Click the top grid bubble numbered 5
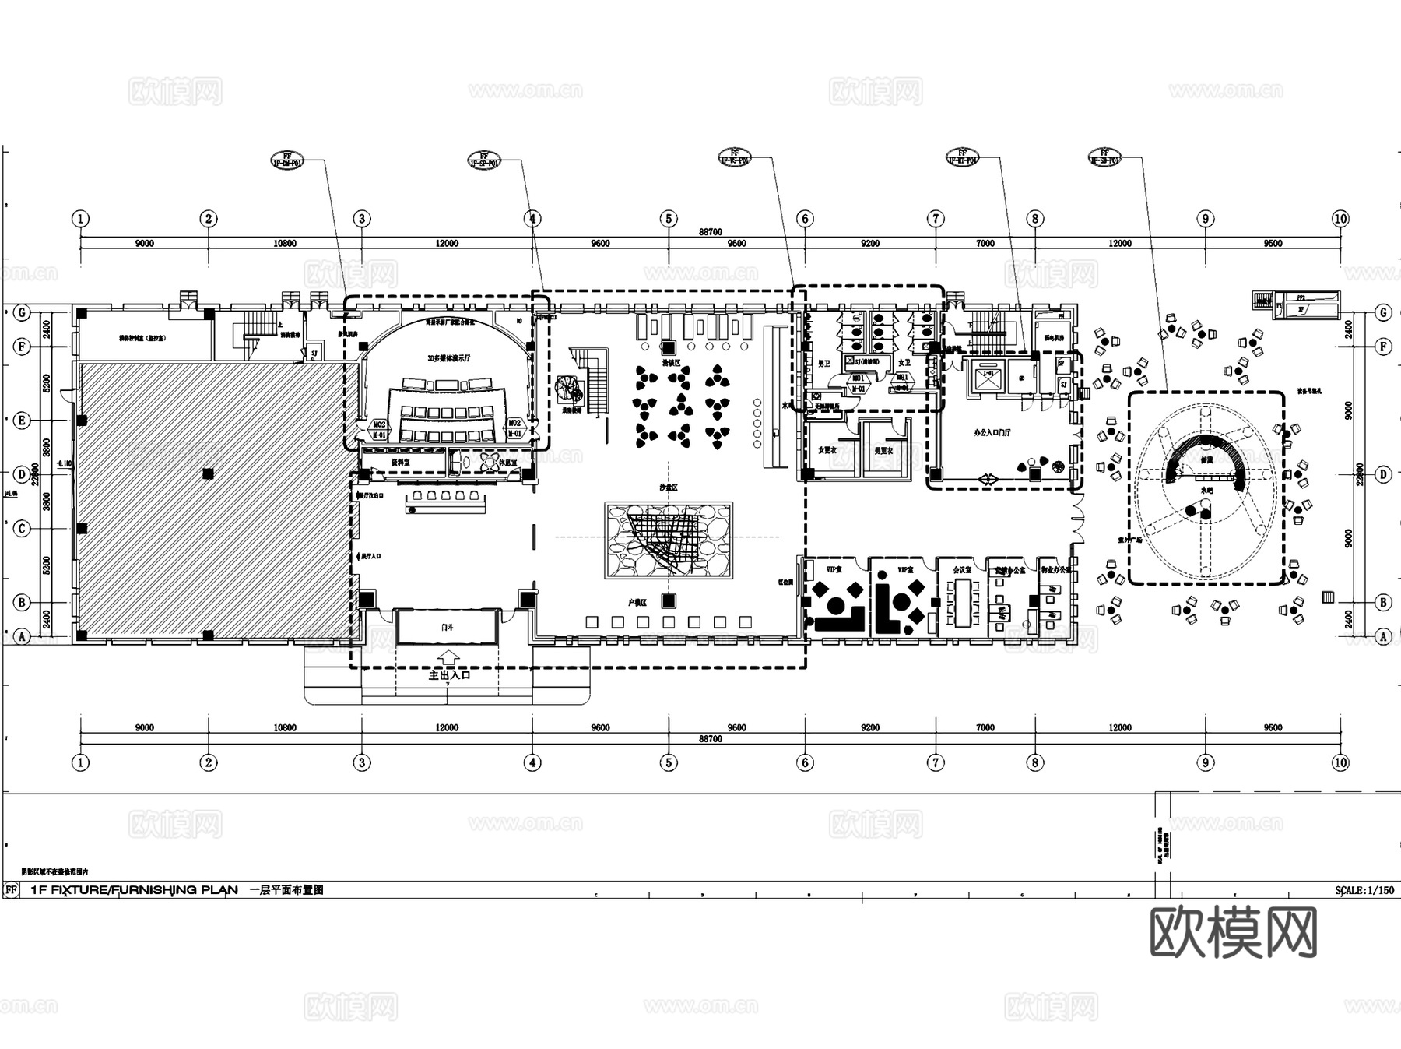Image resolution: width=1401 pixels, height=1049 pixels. click(x=669, y=219)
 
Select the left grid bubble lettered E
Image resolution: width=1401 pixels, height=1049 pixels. click(x=22, y=421)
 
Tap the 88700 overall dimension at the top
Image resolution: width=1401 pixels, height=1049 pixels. click(x=710, y=232)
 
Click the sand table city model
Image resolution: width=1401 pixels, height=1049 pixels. click(x=669, y=540)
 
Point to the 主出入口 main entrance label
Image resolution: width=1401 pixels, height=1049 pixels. click(x=450, y=675)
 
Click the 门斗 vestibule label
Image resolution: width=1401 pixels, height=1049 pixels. click(x=447, y=627)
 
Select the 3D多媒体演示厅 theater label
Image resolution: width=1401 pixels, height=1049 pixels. click(x=449, y=358)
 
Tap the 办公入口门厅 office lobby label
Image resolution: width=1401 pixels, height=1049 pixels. click(x=992, y=432)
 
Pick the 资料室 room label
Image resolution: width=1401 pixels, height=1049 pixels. click(x=400, y=462)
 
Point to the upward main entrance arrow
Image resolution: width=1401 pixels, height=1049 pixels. click(x=449, y=658)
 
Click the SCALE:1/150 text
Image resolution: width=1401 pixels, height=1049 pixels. click(x=1364, y=890)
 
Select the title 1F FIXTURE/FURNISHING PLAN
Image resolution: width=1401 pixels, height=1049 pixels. click(x=134, y=889)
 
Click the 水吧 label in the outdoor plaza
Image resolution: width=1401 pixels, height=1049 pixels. click(x=1206, y=490)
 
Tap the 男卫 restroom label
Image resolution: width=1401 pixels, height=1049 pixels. click(x=824, y=364)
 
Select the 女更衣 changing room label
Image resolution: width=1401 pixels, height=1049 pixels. click(x=826, y=450)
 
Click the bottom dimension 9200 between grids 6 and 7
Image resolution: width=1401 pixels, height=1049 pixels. click(x=869, y=727)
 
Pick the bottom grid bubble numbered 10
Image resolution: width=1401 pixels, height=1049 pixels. click(x=1340, y=762)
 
